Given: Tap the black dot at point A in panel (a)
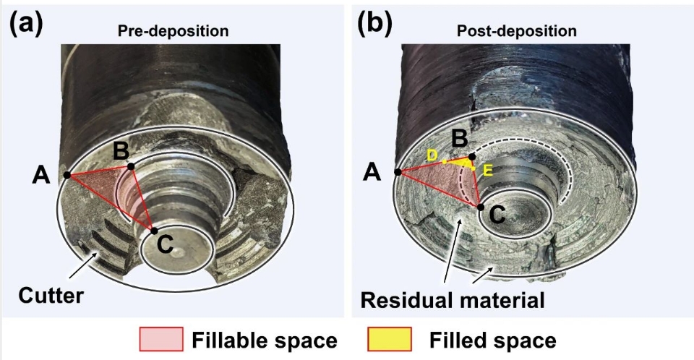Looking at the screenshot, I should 67,175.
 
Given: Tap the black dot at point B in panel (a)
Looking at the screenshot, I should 131,166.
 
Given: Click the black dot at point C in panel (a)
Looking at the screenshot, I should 153,231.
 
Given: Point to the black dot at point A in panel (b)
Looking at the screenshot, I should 398,171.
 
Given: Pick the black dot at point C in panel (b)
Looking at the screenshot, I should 480,207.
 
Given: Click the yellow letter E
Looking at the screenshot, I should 488,171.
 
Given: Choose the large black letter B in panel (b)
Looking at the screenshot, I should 458,137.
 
